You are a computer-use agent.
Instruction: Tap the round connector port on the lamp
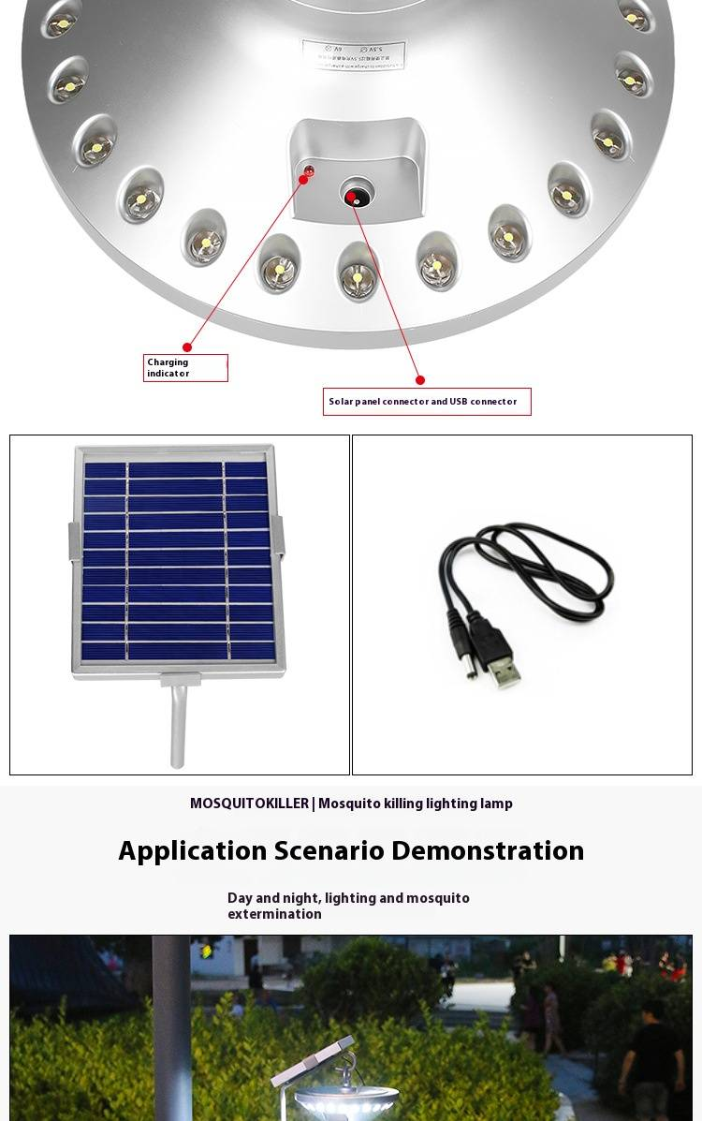click(x=353, y=196)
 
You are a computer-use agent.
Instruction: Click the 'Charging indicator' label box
click(x=185, y=368)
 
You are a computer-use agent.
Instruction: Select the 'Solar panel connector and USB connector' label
click(x=427, y=402)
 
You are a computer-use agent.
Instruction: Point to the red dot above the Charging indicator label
click(x=187, y=347)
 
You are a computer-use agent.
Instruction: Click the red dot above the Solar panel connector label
click(x=420, y=380)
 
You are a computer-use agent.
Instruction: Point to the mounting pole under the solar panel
click(x=178, y=726)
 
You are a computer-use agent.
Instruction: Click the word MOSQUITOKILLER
click(x=249, y=804)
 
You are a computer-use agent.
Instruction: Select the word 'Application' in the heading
click(x=192, y=850)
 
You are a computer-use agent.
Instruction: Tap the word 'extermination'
click(x=274, y=914)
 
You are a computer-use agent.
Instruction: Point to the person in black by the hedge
click(x=655, y=1058)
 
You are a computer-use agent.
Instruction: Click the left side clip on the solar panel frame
click(x=74, y=540)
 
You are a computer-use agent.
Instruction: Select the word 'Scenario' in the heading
click(x=329, y=850)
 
